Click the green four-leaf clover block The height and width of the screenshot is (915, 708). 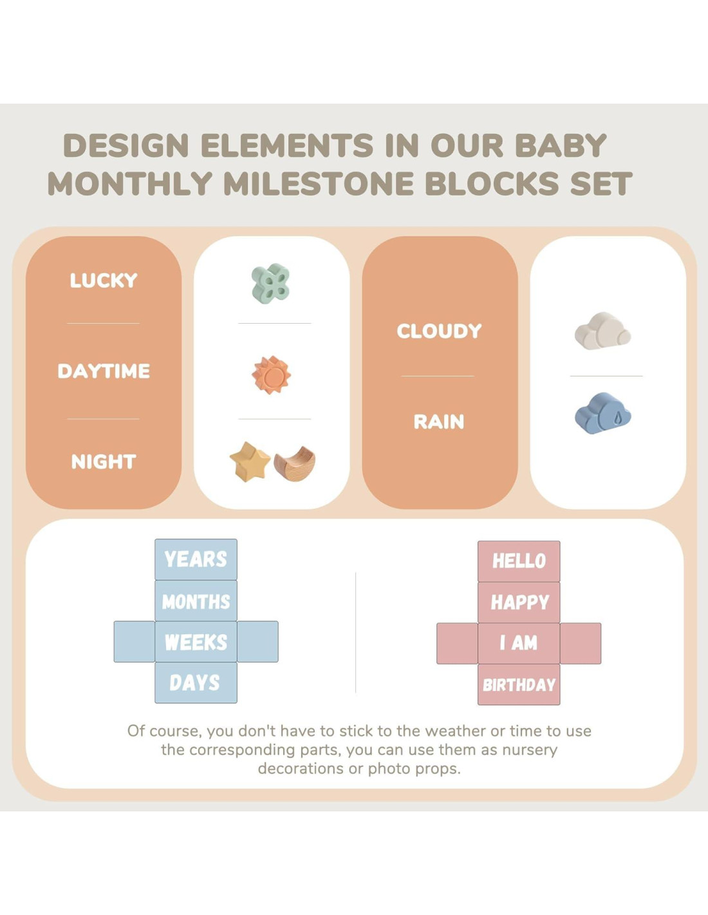270,283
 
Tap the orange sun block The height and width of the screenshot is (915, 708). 271,374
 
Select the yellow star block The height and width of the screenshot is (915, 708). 250,461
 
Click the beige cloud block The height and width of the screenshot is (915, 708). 602,331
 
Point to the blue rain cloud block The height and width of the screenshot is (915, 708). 602,413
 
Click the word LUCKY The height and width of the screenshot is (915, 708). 104,281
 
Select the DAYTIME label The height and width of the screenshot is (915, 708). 104,371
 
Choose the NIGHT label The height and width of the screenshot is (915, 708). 104,461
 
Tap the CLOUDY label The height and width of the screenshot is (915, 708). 439,331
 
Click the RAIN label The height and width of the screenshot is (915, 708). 439,421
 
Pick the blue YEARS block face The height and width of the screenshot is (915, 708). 196,559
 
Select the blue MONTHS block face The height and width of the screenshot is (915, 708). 196,600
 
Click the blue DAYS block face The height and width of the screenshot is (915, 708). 196,683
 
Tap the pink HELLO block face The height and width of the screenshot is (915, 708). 519,561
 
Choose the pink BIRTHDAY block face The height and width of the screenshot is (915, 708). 519,685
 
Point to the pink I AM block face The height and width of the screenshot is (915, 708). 519,643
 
